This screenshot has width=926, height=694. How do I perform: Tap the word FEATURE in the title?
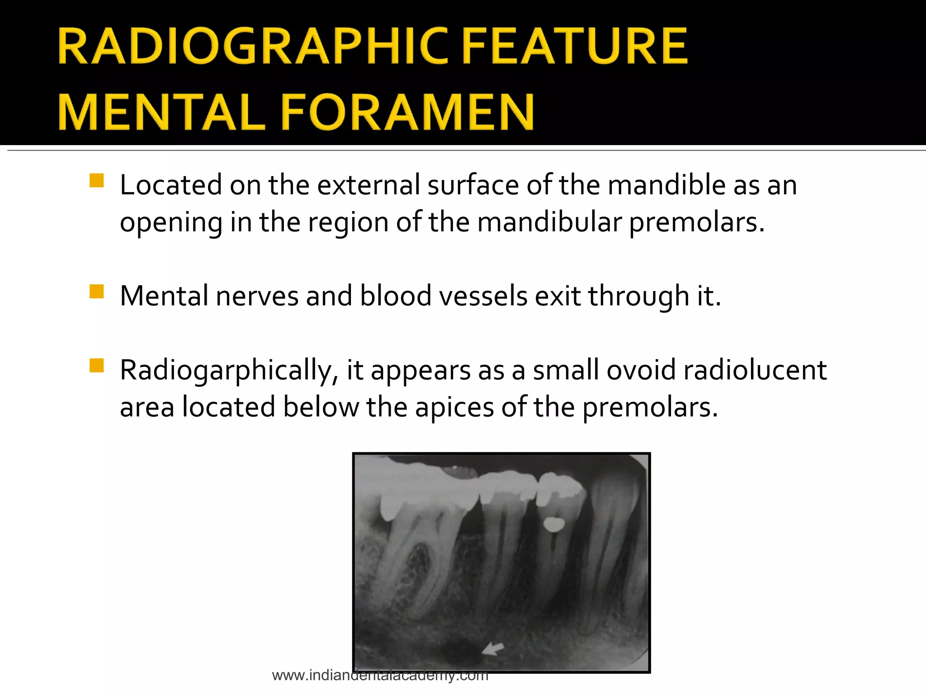(x=575, y=46)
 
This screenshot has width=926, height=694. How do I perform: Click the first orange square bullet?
(x=97, y=180)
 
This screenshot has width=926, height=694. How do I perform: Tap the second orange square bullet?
(x=97, y=291)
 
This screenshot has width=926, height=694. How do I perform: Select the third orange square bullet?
(x=97, y=365)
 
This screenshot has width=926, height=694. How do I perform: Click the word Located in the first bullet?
(x=171, y=185)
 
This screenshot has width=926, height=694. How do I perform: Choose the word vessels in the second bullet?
(x=480, y=296)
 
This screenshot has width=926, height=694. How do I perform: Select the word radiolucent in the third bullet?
(x=755, y=370)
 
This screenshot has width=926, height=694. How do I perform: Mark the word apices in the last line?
(x=454, y=408)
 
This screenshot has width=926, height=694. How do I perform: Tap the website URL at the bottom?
(x=380, y=675)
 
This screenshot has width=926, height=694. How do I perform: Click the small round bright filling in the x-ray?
(x=553, y=525)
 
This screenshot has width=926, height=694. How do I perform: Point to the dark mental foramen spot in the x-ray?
(x=459, y=650)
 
